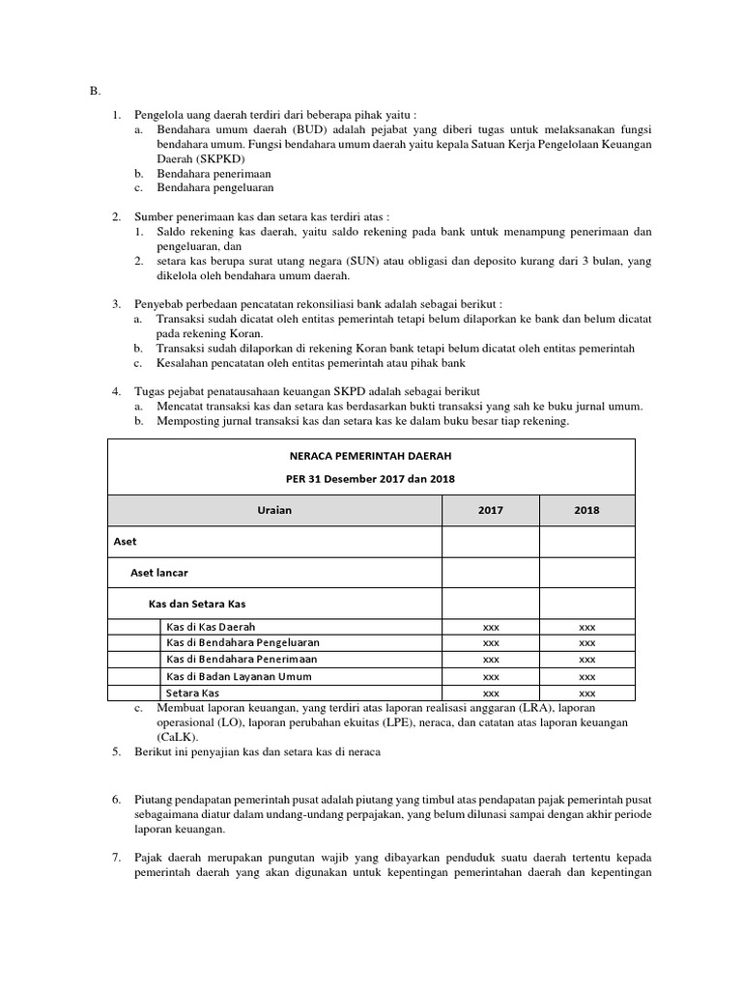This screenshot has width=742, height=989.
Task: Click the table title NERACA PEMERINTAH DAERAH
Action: (x=371, y=454)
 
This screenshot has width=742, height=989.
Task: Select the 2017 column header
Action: (x=491, y=510)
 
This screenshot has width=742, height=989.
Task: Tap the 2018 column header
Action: (x=586, y=510)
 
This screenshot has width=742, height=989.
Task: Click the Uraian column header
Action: (x=274, y=510)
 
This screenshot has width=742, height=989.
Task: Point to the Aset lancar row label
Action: (x=158, y=573)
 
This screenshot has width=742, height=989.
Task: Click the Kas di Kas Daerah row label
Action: (x=211, y=627)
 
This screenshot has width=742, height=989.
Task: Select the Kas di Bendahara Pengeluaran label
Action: (x=243, y=642)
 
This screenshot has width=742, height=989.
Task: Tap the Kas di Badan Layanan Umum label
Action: (x=239, y=676)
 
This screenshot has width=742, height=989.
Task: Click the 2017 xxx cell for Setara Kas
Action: (x=491, y=693)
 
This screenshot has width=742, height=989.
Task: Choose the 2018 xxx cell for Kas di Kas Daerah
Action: (x=586, y=627)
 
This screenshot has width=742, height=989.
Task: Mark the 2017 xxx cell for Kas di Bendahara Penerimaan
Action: (x=491, y=660)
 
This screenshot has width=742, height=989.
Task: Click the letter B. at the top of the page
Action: (x=95, y=91)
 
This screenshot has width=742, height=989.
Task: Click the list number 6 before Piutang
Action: (x=115, y=800)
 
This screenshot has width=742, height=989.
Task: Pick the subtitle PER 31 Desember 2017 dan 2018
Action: (x=371, y=479)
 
